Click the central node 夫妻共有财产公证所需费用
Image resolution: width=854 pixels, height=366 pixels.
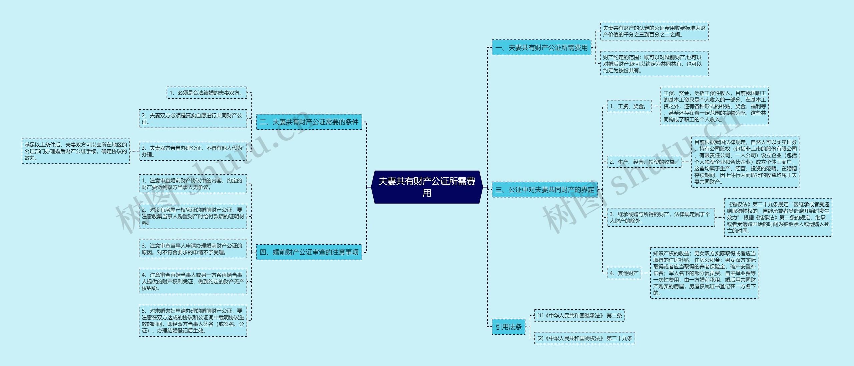(427, 187)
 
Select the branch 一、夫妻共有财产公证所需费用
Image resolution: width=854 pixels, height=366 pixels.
(541, 48)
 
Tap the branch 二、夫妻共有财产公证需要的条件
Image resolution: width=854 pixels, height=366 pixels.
(309, 122)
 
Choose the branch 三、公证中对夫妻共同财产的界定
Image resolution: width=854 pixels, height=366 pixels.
(544, 190)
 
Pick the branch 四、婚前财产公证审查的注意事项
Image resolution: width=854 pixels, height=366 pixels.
(309, 252)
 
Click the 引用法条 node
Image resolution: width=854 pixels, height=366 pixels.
(508, 327)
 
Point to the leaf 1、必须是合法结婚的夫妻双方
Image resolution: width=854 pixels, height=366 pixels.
(206, 93)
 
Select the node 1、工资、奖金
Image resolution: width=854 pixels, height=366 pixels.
(628, 106)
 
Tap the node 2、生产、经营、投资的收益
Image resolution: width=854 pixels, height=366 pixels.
(644, 162)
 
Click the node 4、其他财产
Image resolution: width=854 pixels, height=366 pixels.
(624, 273)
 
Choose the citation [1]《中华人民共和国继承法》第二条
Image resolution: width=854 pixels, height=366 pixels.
(579, 315)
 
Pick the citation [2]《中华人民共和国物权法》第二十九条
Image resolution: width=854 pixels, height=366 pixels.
(584, 338)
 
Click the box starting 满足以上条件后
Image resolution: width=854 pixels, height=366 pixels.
(76, 151)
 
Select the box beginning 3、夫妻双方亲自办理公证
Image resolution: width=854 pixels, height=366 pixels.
(193, 151)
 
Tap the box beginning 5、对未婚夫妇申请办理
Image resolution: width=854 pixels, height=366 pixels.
(193, 321)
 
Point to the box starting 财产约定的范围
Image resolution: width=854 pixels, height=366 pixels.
(654, 64)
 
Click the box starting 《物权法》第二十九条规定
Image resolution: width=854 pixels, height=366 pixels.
(778, 217)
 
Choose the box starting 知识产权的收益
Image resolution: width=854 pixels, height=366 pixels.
(704, 273)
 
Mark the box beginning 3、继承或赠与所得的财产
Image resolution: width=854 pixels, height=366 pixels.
(661, 217)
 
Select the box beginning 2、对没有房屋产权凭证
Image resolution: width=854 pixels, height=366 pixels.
(193, 216)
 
